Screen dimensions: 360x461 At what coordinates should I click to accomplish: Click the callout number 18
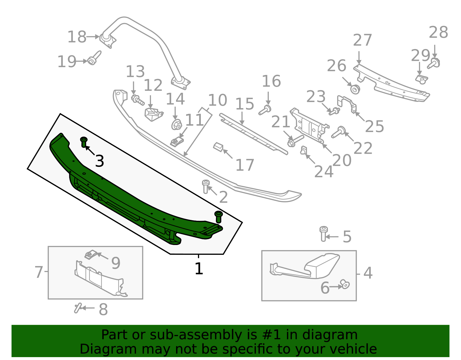tap(77, 37)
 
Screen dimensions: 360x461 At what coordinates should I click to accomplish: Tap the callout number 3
tap(99, 161)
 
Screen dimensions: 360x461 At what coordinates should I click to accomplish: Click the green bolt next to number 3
tap(84, 142)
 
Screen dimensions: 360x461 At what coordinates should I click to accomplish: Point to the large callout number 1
tap(199, 269)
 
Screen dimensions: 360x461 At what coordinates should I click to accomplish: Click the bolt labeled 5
tap(324, 233)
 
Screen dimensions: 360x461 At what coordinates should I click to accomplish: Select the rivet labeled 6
tap(345, 284)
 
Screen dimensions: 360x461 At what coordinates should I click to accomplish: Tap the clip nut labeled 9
tap(90, 255)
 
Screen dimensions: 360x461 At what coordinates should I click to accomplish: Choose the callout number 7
tap(39, 272)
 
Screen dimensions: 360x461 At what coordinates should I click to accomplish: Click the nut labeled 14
tap(176, 125)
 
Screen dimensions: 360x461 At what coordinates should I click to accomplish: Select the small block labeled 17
tap(218, 147)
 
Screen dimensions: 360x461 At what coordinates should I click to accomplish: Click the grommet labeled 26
tap(355, 89)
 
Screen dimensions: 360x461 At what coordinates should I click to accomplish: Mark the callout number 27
tap(362, 40)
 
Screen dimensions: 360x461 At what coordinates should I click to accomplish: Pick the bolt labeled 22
tap(338, 132)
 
